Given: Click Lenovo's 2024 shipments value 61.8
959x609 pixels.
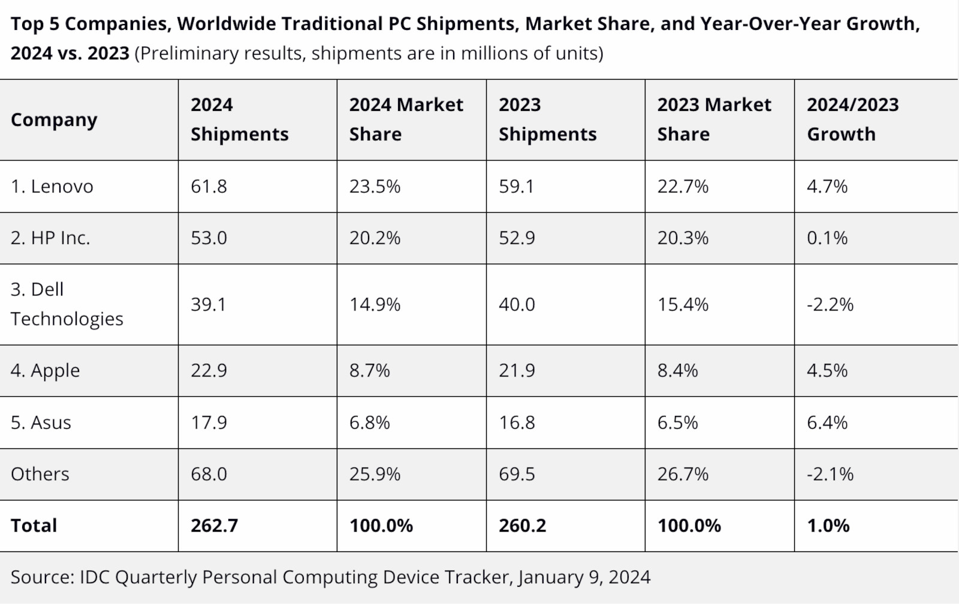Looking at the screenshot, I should pos(209,186).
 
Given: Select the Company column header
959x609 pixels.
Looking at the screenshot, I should pos(54,120).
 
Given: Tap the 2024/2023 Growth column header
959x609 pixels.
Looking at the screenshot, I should pos(852,119).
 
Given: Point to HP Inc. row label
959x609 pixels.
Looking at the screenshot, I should pos(50,238).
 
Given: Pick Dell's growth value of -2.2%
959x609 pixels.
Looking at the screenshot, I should pos(830,304).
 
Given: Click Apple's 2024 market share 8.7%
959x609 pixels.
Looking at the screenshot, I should pos(369,370).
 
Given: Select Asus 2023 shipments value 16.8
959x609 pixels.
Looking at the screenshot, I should pos(517,423).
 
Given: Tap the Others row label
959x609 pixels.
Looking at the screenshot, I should pos(40,474).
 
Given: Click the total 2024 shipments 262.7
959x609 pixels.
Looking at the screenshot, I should pos(214,526).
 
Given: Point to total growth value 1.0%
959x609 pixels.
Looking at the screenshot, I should pos(828,526).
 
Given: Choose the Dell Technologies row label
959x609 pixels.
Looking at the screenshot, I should pos(67,304).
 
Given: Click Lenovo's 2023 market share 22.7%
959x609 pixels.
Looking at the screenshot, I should pos(683,186).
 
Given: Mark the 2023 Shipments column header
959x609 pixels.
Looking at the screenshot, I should pos(547,119).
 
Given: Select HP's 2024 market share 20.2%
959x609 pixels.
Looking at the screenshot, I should pos(375,238).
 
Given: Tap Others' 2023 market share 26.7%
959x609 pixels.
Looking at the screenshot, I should pos(683,474).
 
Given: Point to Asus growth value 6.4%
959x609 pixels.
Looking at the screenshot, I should pos(827,423).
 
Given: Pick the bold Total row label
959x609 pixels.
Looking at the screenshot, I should pos(34,526).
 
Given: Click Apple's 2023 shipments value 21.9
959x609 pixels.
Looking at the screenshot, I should pos(517,370).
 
